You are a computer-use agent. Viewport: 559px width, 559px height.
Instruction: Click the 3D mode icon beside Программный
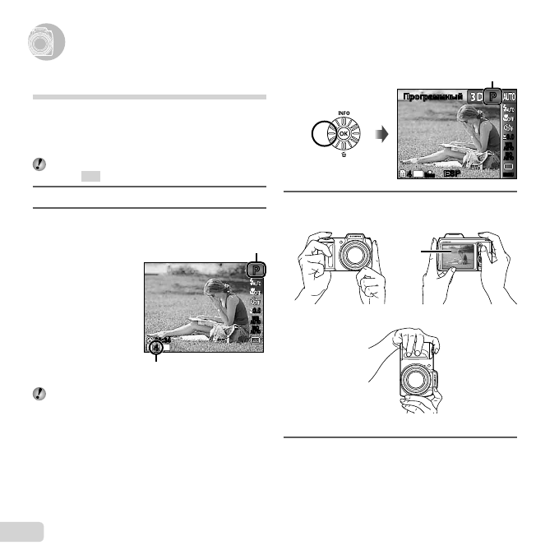click(x=477, y=96)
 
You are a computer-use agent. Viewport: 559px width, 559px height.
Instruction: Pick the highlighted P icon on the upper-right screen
click(x=493, y=96)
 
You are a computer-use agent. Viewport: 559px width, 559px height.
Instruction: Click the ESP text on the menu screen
click(x=453, y=174)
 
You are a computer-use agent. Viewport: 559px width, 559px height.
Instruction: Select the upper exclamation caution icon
click(x=39, y=164)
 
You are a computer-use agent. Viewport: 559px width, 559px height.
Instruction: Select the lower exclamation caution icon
click(x=39, y=393)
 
